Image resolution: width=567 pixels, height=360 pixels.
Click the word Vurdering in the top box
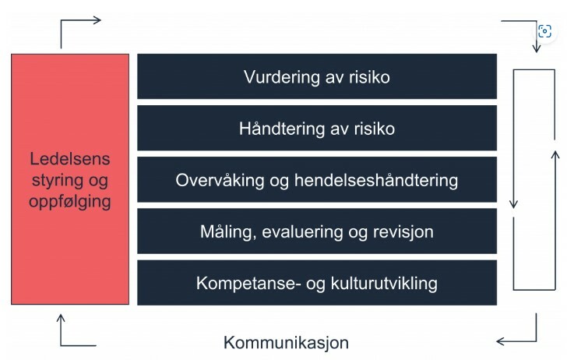point(282,77)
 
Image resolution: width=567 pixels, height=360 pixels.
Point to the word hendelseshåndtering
point(376,181)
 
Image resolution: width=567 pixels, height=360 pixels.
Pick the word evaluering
point(302,232)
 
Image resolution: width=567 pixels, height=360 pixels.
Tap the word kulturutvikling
point(384,284)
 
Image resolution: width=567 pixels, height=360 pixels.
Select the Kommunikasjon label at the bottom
point(286,343)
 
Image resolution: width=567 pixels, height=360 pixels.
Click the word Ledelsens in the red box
point(70,159)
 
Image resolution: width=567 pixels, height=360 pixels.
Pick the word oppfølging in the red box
point(70,202)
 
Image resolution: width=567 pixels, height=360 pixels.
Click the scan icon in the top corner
point(544,31)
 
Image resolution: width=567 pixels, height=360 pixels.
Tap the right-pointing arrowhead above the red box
point(97,20)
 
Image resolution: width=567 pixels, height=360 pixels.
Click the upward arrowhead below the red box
point(61,318)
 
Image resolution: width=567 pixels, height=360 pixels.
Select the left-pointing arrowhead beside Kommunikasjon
point(501,341)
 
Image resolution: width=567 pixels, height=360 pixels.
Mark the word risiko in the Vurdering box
point(369,77)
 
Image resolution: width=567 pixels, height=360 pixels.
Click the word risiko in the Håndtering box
point(375,129)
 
